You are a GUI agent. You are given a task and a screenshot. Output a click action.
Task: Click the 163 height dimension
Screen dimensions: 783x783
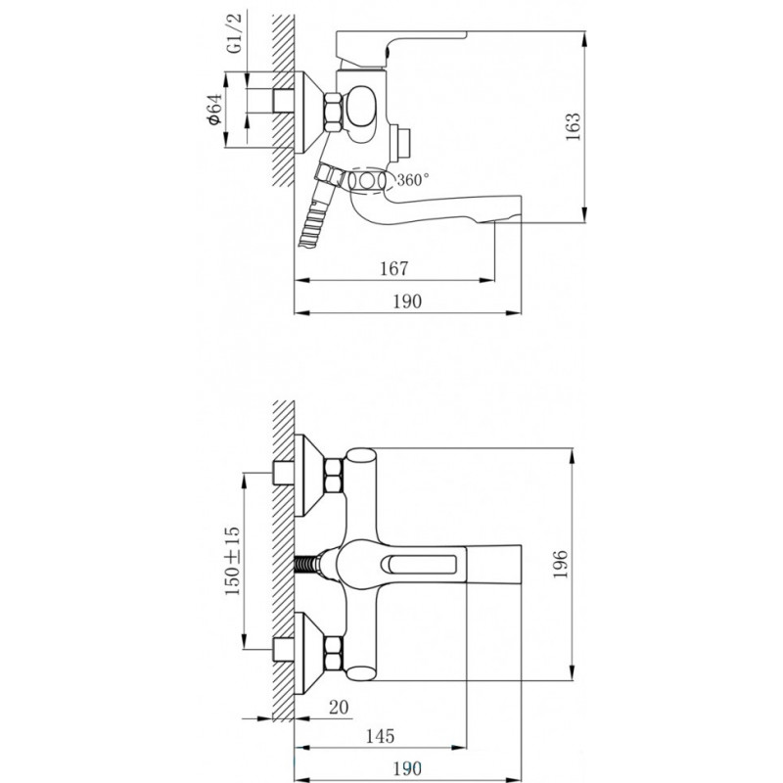pyautogui.click(x=574, y=126)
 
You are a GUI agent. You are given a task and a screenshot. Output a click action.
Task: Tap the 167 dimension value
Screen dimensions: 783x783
pyautogui.click(x=394, y=268)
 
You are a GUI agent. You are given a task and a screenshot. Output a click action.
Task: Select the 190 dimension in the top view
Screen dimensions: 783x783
pyautogui.click(x=407, y=301)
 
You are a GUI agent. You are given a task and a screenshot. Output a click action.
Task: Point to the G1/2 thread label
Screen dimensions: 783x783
pyautogui.click(x=234, y=33)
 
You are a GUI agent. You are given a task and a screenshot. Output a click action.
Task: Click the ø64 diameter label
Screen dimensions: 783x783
pyautogui.click(x=213, y=109)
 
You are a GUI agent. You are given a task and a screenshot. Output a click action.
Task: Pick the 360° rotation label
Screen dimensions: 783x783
pyautogui.click(x=412, y=179)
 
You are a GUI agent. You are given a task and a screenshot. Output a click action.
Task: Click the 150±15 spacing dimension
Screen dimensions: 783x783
pyautogui.click(x=233, y=561)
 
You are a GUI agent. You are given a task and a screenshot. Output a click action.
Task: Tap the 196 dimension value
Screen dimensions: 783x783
pyautogui.click(x=561, y=564)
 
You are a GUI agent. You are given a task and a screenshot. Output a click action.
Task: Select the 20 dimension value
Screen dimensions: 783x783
pyautogui.click(x=339, y=707)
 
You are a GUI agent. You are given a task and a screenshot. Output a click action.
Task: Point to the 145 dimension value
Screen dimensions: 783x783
pyautogui.click(x=380, y=736)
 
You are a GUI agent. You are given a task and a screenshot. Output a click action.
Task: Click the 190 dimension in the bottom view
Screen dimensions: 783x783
pyautogui.click(x=407, y=768)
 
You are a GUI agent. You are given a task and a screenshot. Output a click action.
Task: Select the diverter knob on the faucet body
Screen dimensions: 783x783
pyautogui.click(x=401, y=143)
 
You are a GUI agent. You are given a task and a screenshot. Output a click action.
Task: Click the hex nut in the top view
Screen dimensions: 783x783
pyautogui.click(x=333, y=113)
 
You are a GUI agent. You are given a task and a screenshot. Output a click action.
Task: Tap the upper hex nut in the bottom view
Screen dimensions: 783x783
pyautogui.click(x=334, y=476)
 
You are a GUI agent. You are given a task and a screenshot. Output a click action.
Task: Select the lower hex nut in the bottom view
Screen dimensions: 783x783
pyautogui.click(x=334, y=652)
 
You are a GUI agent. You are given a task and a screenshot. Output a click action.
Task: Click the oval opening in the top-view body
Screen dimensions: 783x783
pyautogui.click(x=358, y=107)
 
